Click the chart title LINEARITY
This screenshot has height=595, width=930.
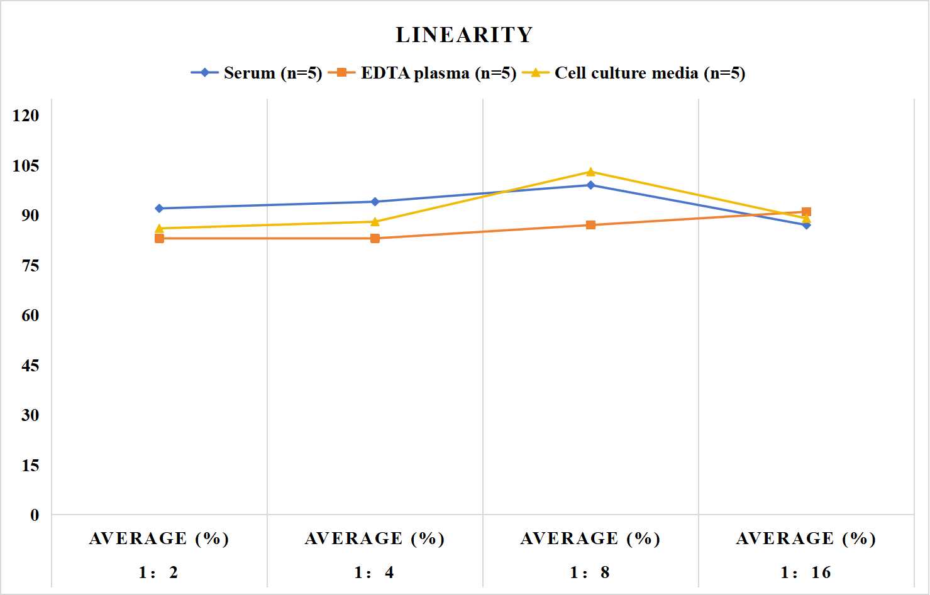point(464,35)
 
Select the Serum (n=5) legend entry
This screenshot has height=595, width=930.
point(257,73)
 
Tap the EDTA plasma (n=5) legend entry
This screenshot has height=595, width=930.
point(422,73)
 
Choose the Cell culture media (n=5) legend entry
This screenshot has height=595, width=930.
point(634,73)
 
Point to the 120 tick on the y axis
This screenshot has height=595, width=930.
point(26,116)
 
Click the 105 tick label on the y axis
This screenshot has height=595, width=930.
point(26,165)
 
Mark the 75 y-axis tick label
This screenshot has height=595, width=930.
point(30,266)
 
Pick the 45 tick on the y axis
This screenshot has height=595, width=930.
point(30,366)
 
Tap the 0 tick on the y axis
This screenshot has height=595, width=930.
point(35,515)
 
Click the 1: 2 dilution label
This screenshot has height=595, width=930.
point(158,572)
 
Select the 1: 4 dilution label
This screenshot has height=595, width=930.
point(374,572)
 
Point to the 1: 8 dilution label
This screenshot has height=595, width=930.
point(590,572)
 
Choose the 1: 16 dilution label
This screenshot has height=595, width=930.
point(806,572)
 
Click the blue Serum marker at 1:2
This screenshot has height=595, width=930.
point(159,209)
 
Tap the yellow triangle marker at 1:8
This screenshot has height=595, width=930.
point(590,172)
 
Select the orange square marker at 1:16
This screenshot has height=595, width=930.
point(806,212)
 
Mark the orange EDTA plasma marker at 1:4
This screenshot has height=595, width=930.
point(375,238)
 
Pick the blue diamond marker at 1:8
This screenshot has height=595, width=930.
point(590,185)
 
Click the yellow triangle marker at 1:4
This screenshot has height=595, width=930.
point(375,222)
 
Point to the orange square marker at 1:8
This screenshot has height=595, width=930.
point(590,225)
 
